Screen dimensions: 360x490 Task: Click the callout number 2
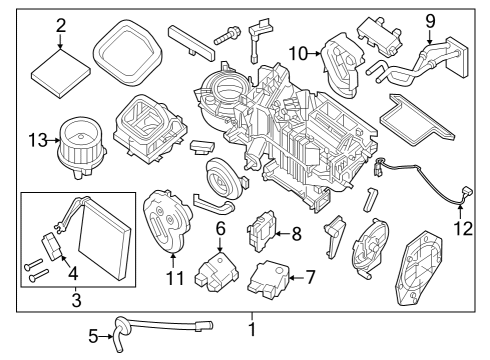pos(61,25)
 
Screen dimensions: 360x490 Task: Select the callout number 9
pos(431,19)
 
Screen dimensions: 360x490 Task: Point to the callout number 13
pos(38,140)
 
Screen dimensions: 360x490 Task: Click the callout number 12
pos(461,227)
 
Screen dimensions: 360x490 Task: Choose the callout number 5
pos(93,337)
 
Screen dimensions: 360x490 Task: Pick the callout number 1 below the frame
pos(252,328)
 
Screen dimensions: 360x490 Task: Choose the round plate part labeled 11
pos(163,220)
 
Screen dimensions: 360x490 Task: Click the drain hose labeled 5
pos(160,325)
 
